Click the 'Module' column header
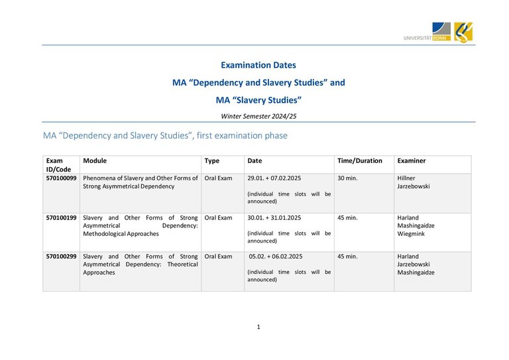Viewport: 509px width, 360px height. [95, 160]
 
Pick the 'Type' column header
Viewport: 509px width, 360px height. [212, 160]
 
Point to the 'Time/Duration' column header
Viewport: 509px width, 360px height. [360, 160]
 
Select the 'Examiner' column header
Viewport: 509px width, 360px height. [411, 160]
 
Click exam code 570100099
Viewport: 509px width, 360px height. [62, 178]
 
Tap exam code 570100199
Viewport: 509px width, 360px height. [62, 217]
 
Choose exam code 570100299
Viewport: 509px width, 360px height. [62, 256]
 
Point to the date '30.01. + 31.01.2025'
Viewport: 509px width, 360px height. [274, 217]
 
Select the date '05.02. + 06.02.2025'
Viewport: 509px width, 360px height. [276, 256]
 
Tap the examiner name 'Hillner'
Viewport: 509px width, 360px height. [406, 178]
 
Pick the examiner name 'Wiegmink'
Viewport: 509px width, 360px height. [412, 233]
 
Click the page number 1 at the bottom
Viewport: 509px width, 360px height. [258, 327]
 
